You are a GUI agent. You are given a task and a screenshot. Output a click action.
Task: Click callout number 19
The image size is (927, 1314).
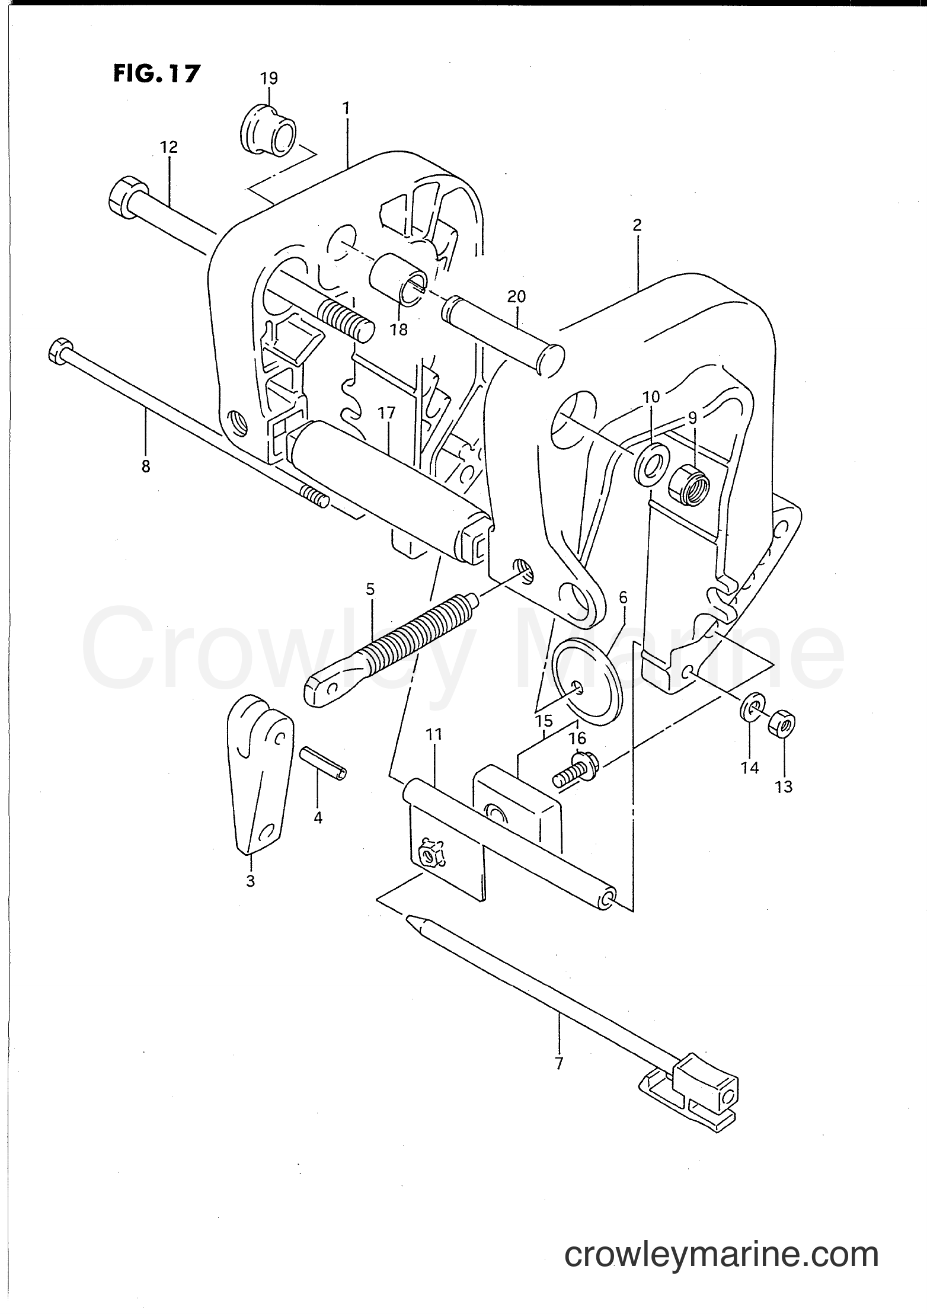(269, 78)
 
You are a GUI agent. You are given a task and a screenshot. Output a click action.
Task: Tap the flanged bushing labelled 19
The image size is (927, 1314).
(270, 130)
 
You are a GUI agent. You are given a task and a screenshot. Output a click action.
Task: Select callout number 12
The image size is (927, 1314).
(169, 147)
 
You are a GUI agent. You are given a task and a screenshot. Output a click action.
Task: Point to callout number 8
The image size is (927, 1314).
(146, 466)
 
